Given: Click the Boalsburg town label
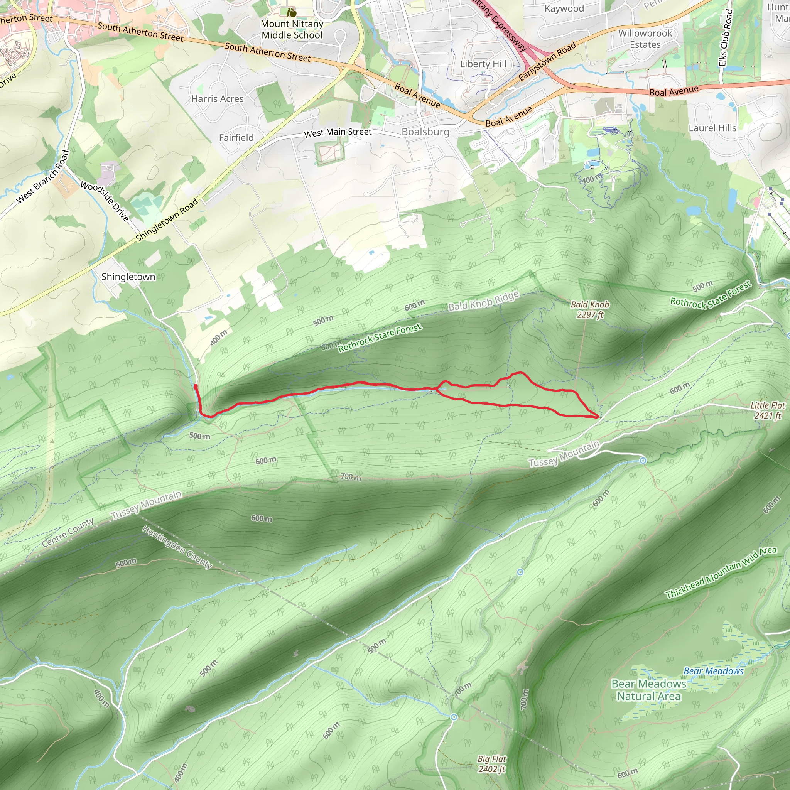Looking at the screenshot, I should click(x=425, y=132).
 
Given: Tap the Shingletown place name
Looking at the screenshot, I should click(x=128, y=277).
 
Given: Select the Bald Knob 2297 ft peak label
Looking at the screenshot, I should click(x=590, y=309).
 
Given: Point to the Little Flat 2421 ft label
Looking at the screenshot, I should click(x=768, y=410).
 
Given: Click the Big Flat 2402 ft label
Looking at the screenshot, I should click(x=492, y=764).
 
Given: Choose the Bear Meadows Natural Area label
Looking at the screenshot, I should click(x=648, y=690).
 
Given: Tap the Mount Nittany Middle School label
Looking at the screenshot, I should click(x=292, y=29).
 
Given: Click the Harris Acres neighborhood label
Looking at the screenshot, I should click(x=217, y=99).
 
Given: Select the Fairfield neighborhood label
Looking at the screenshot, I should click(x=236, y=138).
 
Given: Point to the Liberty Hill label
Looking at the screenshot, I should click(x=483, y=64).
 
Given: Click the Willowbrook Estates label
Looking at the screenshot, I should click(x=645, y=39).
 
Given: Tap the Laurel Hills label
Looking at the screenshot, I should click(x=712, y=128).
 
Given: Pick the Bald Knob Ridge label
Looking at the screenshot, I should click(x=483, y=301).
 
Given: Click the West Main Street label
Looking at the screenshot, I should click(x=338, y=132).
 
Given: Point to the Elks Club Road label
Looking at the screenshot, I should click(x=725, y=38).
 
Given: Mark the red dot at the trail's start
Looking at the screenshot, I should click(x=196, y=387).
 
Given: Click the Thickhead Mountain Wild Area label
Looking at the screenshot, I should click(x=721, y=572).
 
